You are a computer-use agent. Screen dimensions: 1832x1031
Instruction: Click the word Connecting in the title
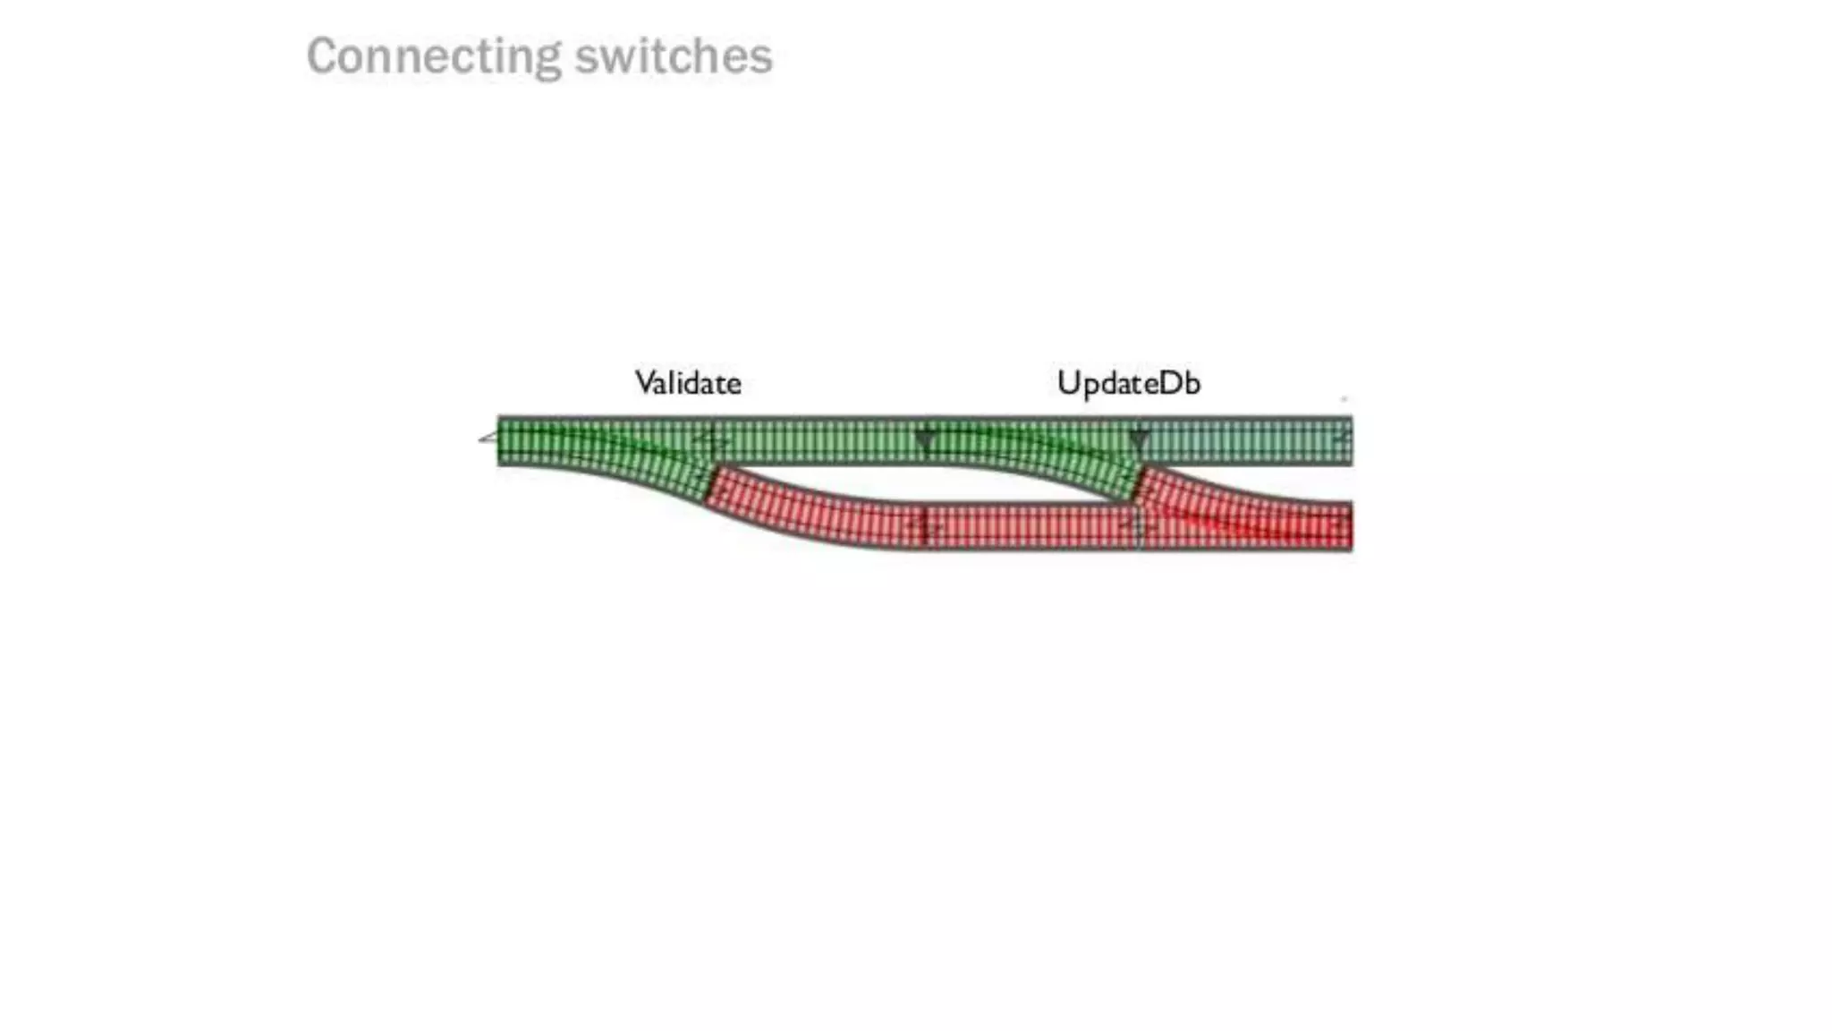pos(434,56)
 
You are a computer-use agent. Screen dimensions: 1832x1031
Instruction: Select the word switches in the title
pos(673,56)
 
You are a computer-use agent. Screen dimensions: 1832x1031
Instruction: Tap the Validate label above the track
pos(688,383)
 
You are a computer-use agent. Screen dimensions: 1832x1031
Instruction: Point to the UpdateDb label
pos(1128,383)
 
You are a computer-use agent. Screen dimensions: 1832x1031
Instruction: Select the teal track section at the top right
pos(1248,440)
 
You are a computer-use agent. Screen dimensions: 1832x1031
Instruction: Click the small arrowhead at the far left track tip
pos(488,438)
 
